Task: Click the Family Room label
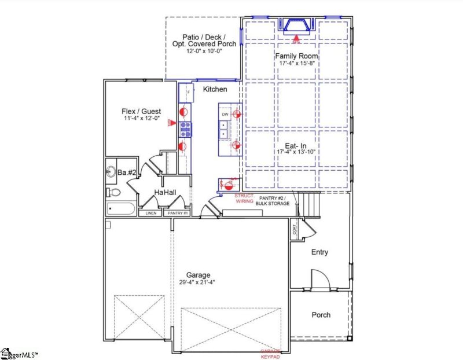(296, 56)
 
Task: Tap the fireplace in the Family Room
(296, 26)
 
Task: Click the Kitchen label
(215, 90)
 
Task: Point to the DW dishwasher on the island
(225, 115)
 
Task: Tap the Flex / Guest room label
(141, 111)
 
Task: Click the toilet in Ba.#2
(114, 192)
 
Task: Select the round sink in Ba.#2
(111, 171)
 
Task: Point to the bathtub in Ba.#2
(120, 209)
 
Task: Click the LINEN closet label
(151, 214)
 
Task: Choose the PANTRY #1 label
(177, 214)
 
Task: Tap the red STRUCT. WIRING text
(245, 199)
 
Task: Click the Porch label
(321, 315)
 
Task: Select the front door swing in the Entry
(320, 279)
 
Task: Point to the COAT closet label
(294, 230)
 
